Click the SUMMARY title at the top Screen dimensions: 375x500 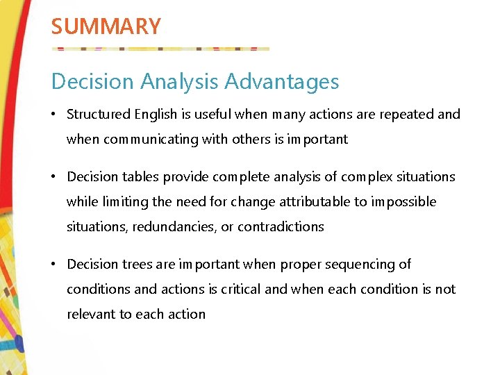(x=106, y=26)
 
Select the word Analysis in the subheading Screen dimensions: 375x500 (x=181, y=82)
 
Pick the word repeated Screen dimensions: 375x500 (x=406, y=114)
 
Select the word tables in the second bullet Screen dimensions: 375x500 (x=140, y=176)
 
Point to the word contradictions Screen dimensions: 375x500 (x=281, y=226)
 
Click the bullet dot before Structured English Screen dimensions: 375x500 (x=55, y=114)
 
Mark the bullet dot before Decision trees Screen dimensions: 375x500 (x=55, y=264)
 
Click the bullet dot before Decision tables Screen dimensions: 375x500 (x=55, y=176)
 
